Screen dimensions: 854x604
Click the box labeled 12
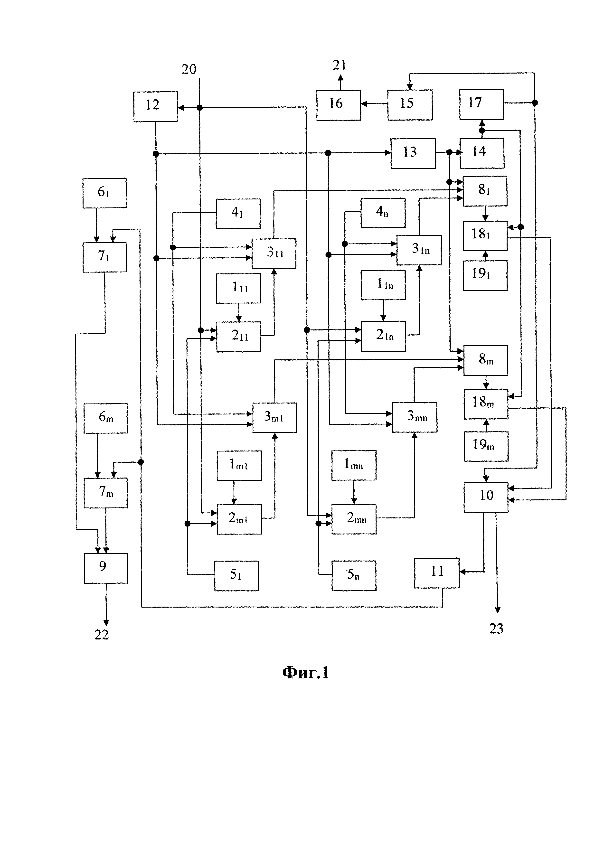(x=155, y=106)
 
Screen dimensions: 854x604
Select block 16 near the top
(x=339, y=105)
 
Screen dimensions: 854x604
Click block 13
(x=413, y=153)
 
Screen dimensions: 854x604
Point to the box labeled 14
(x=482, y=153)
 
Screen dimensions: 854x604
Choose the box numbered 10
(x=486, y=497)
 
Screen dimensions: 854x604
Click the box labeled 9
(x=106, y=568)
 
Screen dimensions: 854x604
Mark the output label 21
(x=340, y=65)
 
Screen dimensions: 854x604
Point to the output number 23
(x=496, y=629)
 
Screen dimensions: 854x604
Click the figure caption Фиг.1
(x=306, y=673)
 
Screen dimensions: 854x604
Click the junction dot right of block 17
(x=534, y=103)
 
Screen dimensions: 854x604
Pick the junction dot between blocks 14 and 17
(x=482, y=131)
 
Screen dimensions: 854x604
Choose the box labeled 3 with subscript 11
(x=274, y=253)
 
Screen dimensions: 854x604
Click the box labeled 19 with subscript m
(x=486, y=446)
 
